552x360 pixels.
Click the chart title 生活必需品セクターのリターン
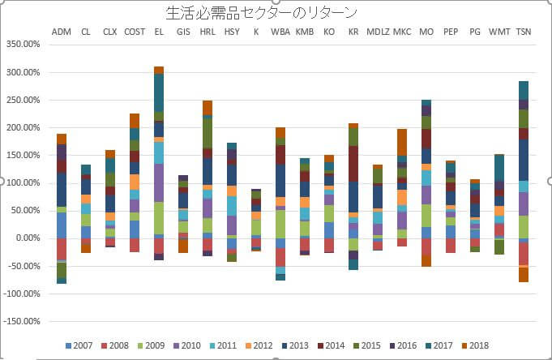[261, 13]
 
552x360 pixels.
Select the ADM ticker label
[61, 32]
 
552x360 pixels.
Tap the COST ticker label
[135, 32]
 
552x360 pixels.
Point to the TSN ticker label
[524, 32]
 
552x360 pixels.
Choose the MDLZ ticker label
[378, 32]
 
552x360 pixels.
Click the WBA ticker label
[280, 32]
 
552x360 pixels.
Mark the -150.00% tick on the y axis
[22, 321]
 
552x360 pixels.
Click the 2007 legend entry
[79, 347]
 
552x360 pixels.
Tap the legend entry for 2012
[258, 347]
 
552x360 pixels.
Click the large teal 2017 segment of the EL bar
[159, 92]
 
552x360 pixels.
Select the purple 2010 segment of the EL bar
[159, 182]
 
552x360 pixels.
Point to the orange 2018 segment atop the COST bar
[135, 120]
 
